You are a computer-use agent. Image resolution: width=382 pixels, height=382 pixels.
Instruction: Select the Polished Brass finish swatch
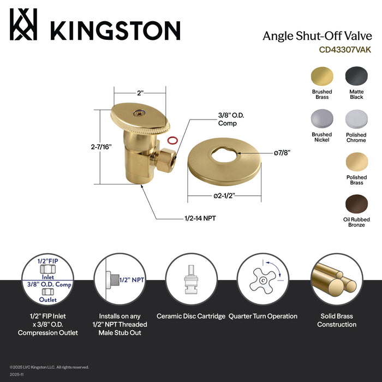click(x=356, y=162)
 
